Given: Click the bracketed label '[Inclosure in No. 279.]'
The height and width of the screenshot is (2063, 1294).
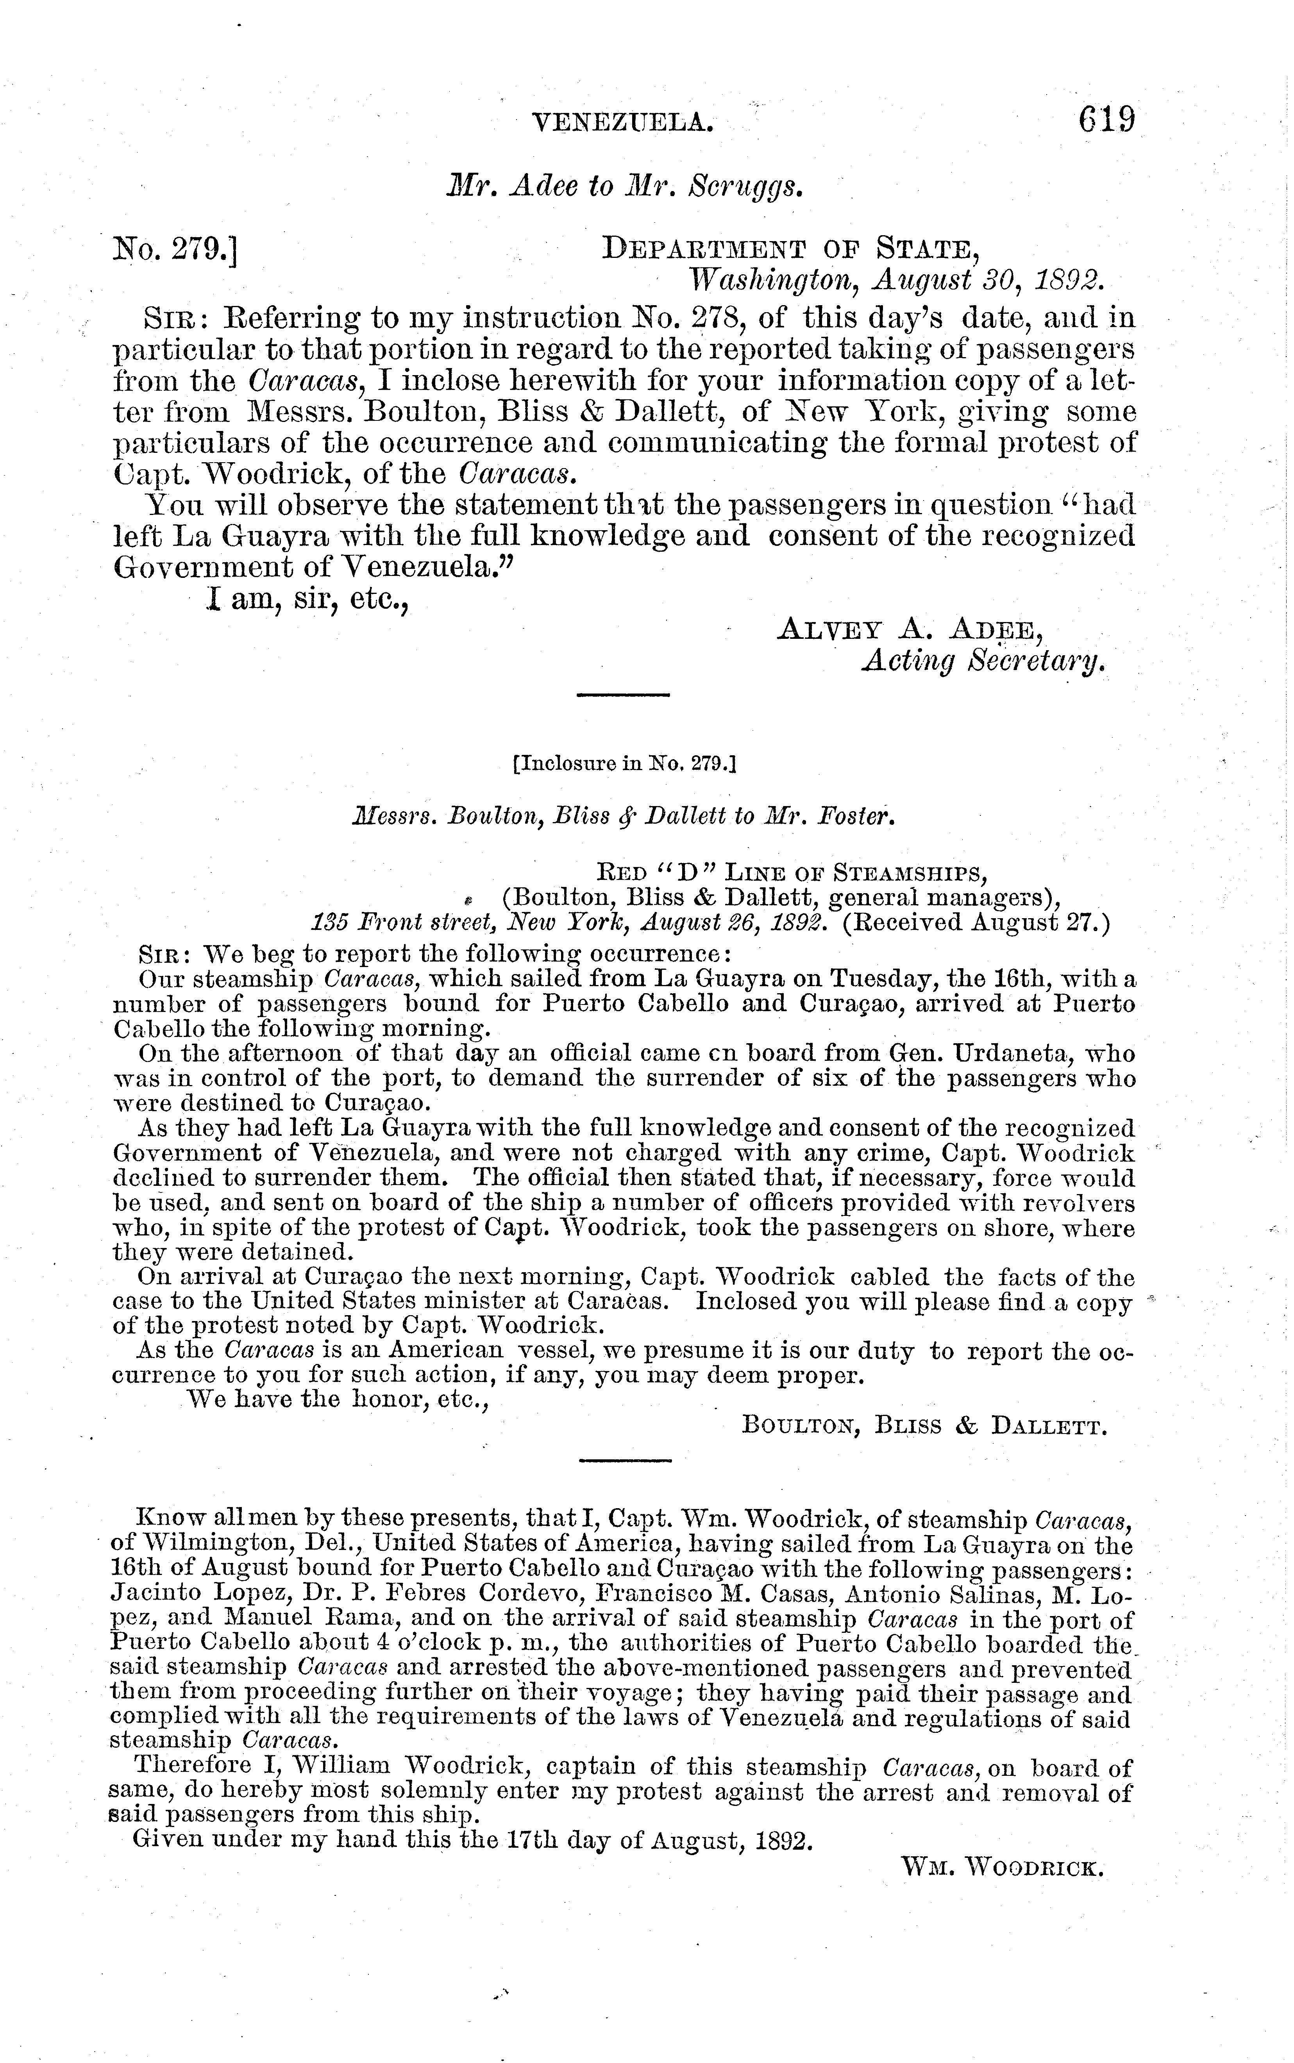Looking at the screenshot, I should tap(624, 762).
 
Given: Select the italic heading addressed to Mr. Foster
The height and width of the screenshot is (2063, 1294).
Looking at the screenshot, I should tap(624, 816).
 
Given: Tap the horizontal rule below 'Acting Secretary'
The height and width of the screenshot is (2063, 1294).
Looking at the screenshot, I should tap(623, 695).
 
